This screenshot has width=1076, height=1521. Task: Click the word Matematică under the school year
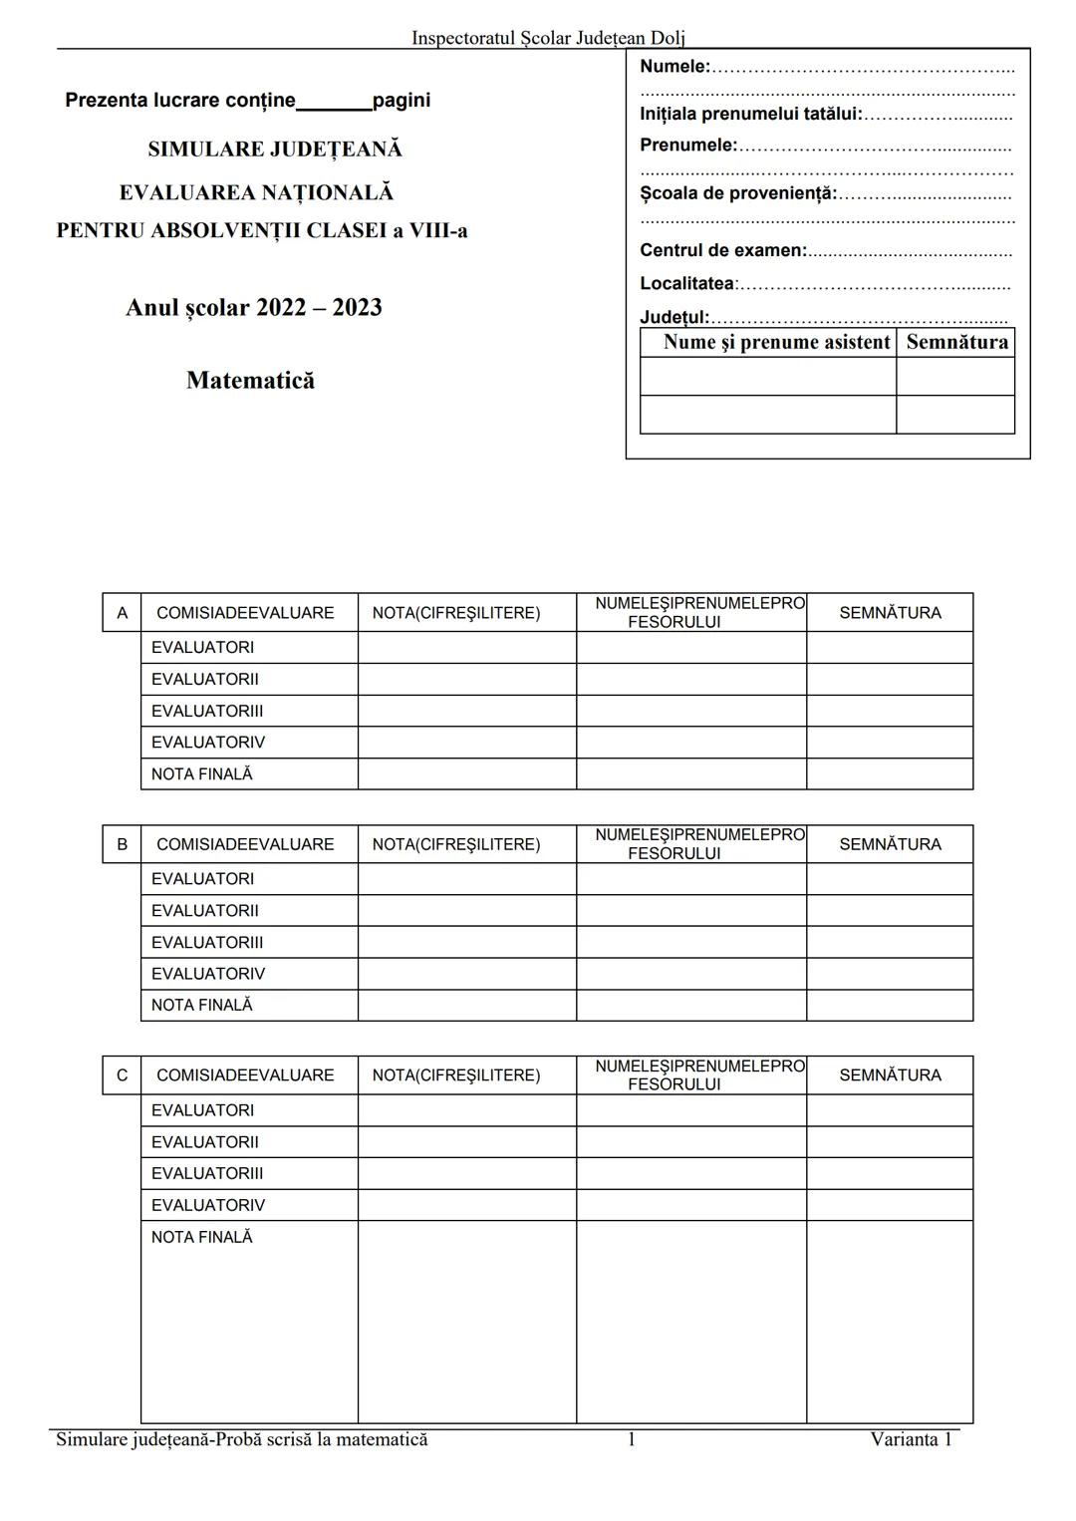click(250, 380)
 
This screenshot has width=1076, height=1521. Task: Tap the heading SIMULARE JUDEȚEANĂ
click(275, 150)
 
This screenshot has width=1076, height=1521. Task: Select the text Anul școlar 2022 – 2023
click(254, 307)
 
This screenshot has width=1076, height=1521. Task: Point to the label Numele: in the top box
click(674, 67)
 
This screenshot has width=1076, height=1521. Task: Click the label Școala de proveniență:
click(738, 193)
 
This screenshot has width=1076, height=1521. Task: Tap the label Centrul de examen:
click(723, 250)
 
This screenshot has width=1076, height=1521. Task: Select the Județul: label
click(674, 317)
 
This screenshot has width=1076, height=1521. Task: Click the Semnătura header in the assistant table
click(956, 342)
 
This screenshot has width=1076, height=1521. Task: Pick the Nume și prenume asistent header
click(776, 342)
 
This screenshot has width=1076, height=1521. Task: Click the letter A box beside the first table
click(122, 613)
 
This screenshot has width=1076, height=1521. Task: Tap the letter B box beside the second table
click(122, 844)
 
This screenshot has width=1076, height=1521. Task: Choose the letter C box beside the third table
click(122, 1075)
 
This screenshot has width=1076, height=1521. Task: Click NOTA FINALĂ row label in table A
click(202, 774)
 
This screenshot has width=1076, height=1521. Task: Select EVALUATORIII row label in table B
click(207, 942)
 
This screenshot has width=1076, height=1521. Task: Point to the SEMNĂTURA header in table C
click(890, 1075)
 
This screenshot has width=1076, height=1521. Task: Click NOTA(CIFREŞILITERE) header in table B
click(456, 844)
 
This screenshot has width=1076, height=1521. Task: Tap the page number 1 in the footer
click(631, 1439)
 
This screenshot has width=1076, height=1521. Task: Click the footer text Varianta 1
click(911, 1439)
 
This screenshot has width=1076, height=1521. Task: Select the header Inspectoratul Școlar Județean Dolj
click(548, 38)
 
